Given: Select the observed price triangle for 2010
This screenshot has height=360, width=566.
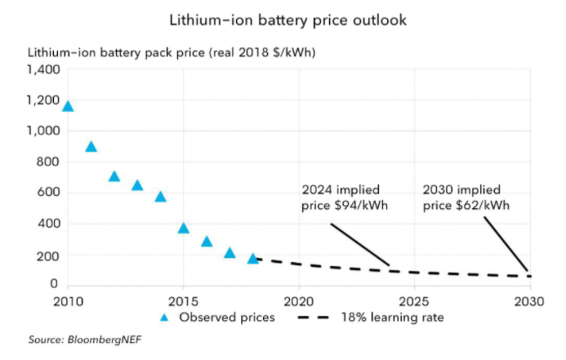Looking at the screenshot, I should click(x=68, y=106).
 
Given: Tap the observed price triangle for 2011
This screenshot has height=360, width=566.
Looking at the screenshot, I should click(x=90, y=146).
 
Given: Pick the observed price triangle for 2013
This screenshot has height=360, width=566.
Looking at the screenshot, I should click(x=137, y=185).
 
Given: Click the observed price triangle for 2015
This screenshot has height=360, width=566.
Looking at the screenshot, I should click(x=184, y=228).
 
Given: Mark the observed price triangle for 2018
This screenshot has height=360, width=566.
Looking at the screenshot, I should click(x=253, y=258).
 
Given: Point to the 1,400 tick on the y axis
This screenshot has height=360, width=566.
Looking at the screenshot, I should click(x=43, y=70).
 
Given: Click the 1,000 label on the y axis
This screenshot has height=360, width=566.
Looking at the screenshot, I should click(x=43, y=131).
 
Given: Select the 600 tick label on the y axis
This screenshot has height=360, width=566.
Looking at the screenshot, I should click(x=49, y=193).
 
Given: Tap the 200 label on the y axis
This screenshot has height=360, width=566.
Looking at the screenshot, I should click(x=49, y=255).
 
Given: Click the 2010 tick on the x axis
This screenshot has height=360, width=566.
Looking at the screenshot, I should click(x=68, y=301).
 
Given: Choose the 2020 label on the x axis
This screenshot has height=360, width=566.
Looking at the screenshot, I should click(x=299, y=301).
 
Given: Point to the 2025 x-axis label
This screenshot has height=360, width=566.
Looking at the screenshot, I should click(x=414, y=301).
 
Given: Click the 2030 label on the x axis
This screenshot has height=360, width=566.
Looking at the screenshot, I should click(x=530, y=301).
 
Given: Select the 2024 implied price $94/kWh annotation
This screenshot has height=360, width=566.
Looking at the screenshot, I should click(x=341, y=197).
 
